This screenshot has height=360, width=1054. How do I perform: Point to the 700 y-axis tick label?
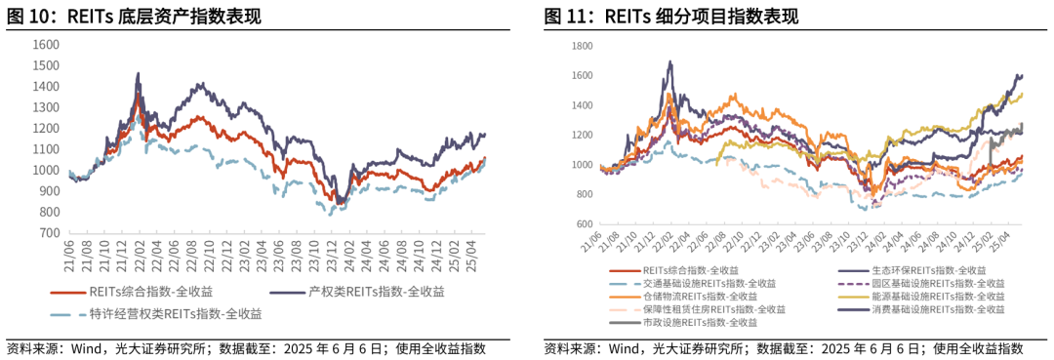[46, 233]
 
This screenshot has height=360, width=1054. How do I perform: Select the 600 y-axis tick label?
[586, 223]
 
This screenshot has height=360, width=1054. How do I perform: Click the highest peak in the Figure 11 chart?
[670, 61]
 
